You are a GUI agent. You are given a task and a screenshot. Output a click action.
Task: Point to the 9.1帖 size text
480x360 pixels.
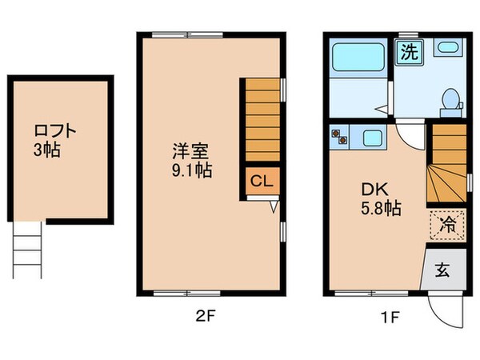tap(193, 170)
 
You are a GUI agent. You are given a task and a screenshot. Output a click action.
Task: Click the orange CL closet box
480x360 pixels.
tap(261, 180)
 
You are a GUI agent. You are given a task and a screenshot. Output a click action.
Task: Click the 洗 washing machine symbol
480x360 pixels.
tap(409, 54)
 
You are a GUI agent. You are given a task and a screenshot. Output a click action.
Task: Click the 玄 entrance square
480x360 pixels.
tap(442, 269)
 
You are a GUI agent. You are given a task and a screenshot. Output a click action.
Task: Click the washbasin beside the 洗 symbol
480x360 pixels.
tap(445, 48)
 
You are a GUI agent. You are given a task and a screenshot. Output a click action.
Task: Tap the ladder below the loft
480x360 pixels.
tap(26, 249)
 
